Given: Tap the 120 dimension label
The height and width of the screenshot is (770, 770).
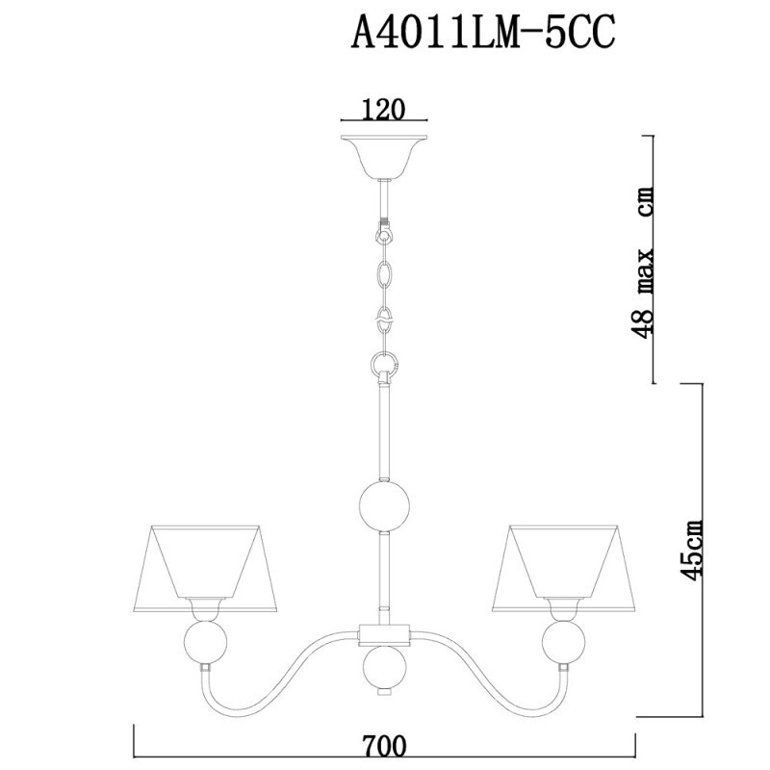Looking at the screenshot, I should pyautogui.click(x=382, y=110).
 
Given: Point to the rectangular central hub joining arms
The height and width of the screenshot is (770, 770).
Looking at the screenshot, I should pyautogui.click(x=385, y=633).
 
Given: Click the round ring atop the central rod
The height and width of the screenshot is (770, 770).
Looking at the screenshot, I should pyautogui.click(x=385, y=365).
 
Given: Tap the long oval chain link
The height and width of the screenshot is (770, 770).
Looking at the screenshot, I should pyautogui.click(x=385, y=275).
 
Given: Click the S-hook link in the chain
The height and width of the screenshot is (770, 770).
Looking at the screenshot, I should pyautogui.click(x=385, y=317).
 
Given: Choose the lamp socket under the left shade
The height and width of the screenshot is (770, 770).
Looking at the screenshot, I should pyautogui.click(x=207, y=608).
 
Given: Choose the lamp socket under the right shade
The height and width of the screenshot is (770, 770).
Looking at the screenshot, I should pyautogui.click(x=562, y=608).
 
